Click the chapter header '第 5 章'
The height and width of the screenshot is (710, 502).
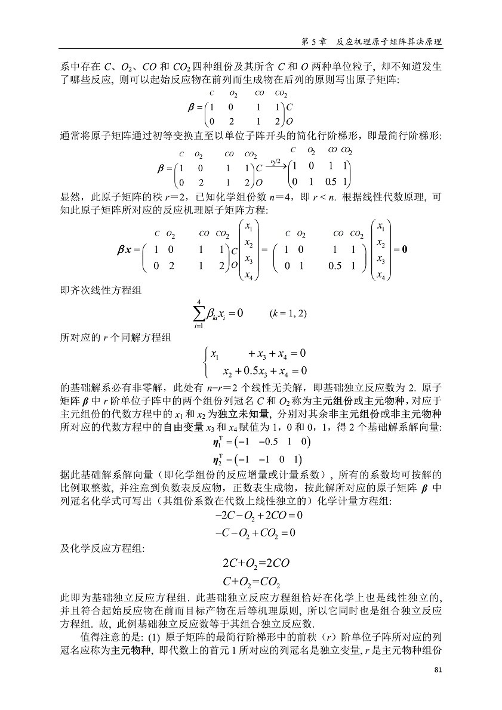pyautogui.click(x=314, y=42)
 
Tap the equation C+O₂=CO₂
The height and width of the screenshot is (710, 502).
pyautogui.click(x=251, y=581)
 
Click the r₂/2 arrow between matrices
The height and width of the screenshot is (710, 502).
pyautogui.click(x=276, y=163)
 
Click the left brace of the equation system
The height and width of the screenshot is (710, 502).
pyautogui.click(x=207, y=362)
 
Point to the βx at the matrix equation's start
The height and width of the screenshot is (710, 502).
pyautogui.click(x=128, y=249)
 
